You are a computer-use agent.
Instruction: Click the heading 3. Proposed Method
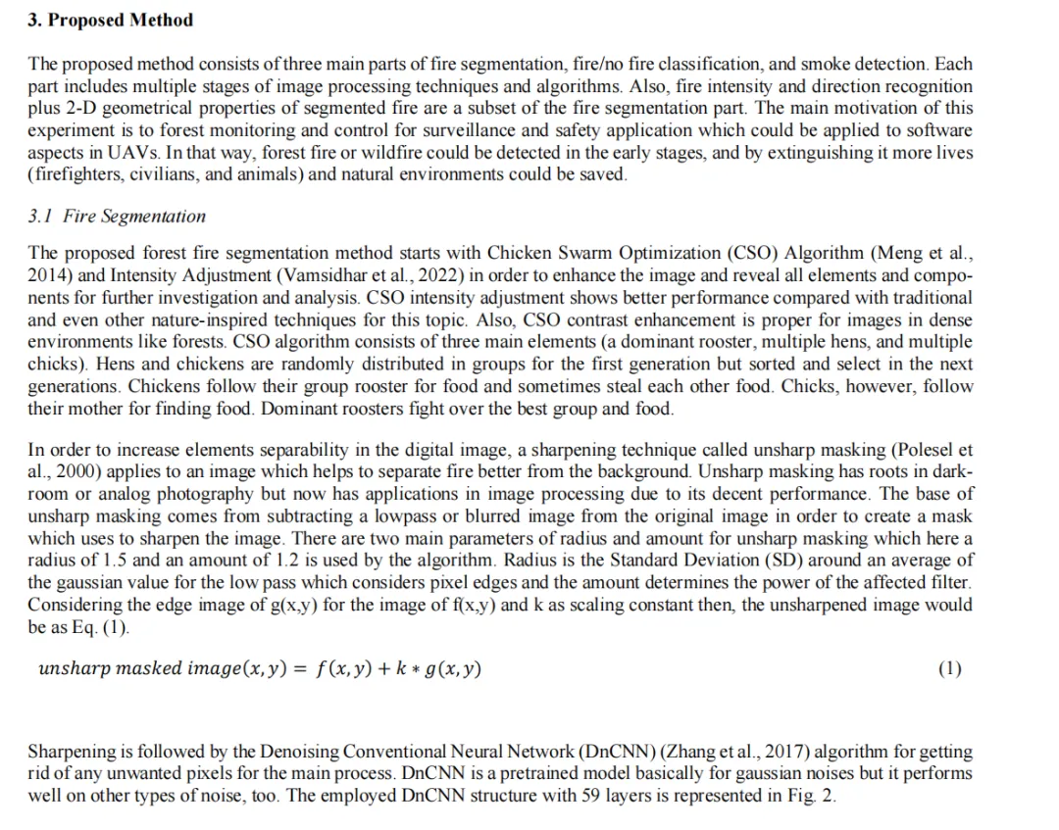(x=111, y=20)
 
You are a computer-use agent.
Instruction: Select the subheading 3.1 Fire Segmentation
(x=117, y=216)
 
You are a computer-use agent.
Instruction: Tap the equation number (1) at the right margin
(x=949, y=669)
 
